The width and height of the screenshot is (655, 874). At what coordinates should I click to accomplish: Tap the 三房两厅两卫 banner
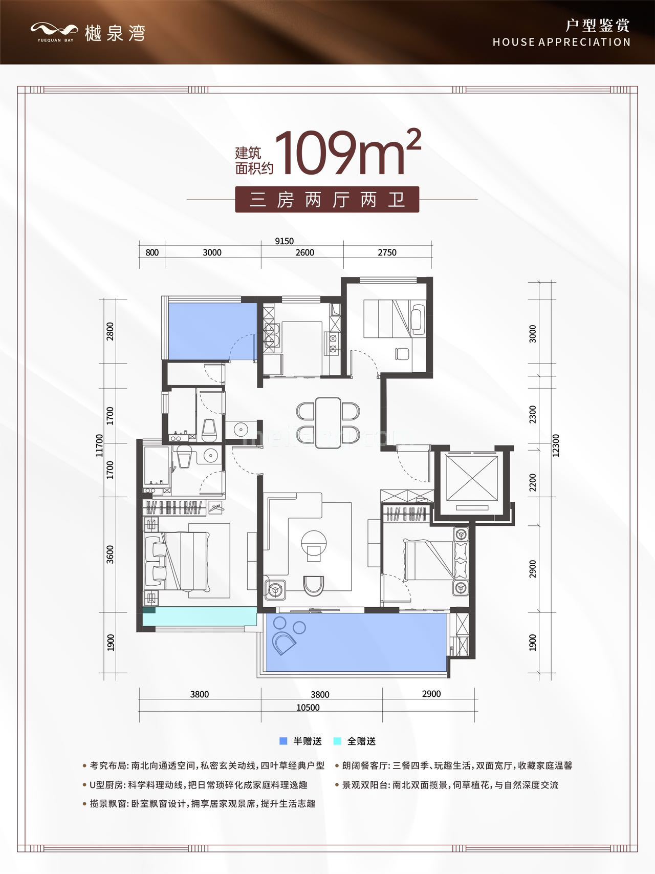click(327, 199)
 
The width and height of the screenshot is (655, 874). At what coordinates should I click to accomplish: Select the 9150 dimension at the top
click(285, 241)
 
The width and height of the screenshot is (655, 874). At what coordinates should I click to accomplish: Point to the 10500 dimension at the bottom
click(308, 708)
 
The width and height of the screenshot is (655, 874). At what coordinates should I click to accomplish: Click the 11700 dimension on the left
click(99, 445)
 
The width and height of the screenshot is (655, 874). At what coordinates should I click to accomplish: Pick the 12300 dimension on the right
click(556, 445)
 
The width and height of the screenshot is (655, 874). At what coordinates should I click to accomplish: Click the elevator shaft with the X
click(472, 479)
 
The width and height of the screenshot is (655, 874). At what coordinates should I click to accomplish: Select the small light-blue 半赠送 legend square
click(283, 741)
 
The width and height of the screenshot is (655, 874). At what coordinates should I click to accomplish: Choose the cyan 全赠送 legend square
click(337, 741)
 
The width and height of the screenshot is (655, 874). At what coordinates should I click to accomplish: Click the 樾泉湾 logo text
click(115, 33)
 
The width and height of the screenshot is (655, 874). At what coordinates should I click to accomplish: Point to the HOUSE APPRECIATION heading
click(561, 42)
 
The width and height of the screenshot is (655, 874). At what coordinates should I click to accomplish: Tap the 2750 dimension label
click(387, 252)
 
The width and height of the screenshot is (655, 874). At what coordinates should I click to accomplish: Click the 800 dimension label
click(152, 252)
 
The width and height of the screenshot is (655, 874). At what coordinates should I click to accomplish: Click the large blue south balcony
click(356, 643)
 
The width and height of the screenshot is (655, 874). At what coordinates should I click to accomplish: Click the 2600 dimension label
click(304, 252)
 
